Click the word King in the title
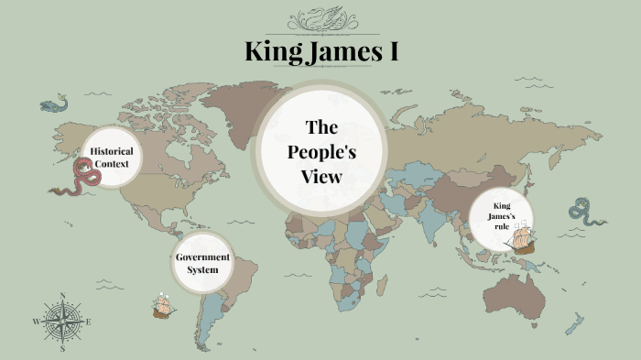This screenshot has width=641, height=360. click(274, 51)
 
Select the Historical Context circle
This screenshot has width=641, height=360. click(112, 157)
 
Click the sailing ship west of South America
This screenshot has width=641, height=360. click(163, 306)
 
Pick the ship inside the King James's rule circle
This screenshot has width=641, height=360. click(520, 238)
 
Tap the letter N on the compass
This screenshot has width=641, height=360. click(62, 296)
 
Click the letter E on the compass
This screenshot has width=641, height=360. click(88, 322)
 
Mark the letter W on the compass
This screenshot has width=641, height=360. click(37, 322)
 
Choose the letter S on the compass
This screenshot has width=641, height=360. click(62, 349)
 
